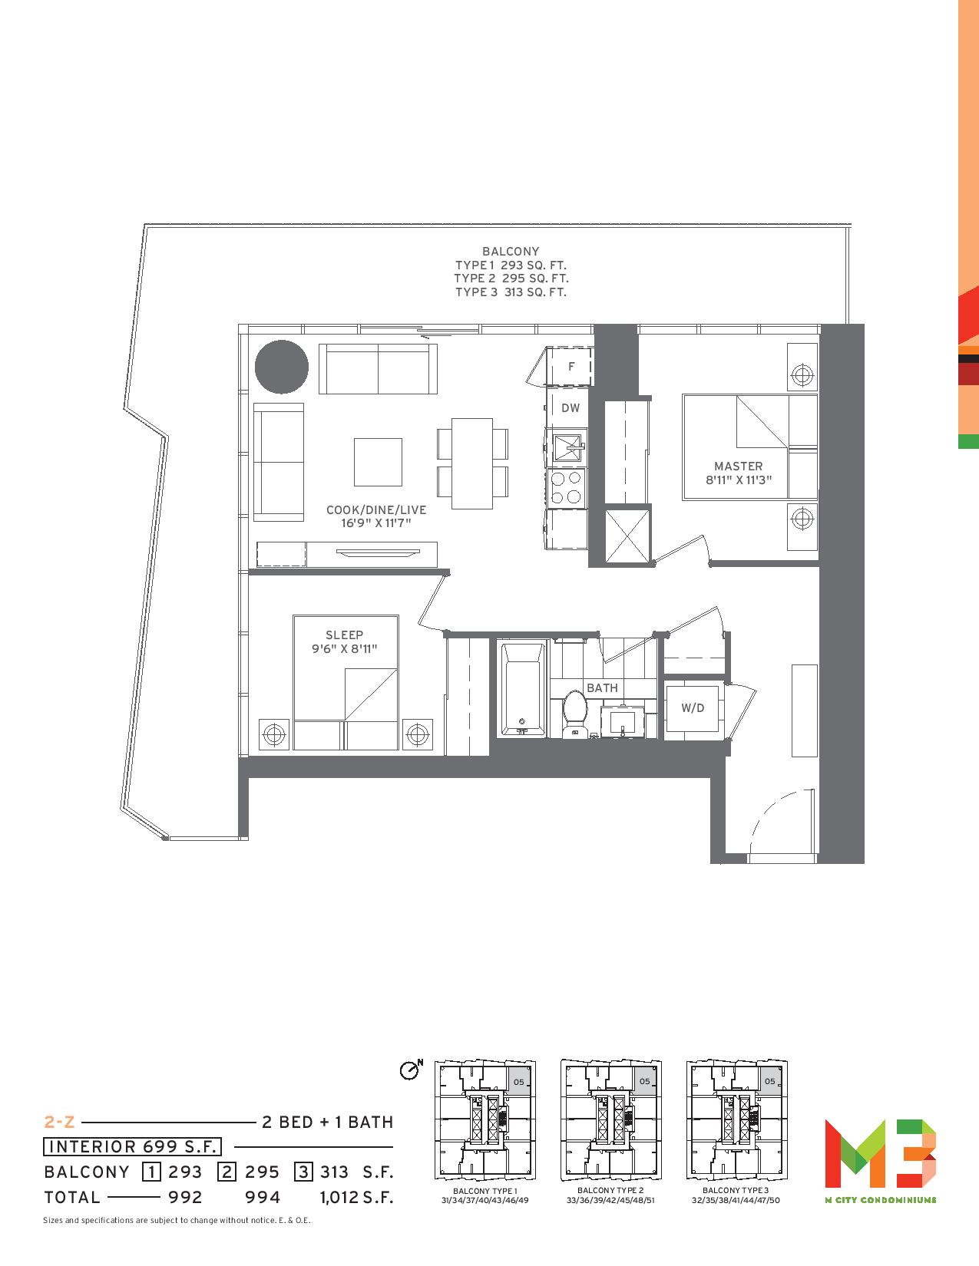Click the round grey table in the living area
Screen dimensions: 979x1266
282,367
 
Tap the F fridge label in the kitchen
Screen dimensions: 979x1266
571,367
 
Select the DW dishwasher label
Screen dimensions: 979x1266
571,408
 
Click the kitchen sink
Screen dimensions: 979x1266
567,447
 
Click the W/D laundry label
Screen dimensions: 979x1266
693,708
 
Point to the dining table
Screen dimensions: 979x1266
472,463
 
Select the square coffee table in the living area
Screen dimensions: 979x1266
378,462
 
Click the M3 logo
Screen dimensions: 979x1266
881,1153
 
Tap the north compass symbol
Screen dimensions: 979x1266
411,1070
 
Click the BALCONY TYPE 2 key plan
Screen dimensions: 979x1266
611,1119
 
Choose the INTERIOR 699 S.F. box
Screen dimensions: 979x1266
132,1146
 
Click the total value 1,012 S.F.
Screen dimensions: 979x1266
356,1197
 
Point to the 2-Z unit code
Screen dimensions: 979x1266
59,1122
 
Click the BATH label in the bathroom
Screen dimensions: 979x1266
602,688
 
